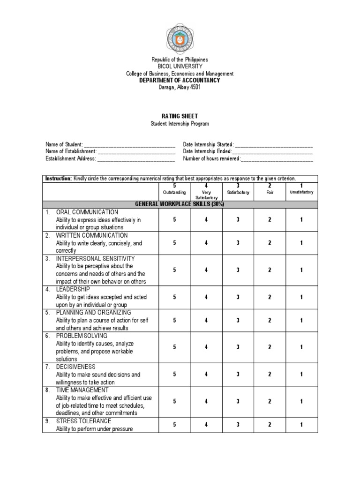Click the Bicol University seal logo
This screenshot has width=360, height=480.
click(180, 36)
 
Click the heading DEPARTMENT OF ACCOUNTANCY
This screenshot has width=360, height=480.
click(180, 81)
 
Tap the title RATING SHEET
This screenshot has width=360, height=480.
click(180, 116)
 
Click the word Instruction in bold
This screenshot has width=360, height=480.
click(58, 179)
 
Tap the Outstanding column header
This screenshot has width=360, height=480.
click(174, 192)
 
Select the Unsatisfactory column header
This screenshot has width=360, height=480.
click(301, 192)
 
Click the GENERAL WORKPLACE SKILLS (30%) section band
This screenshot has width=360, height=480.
click(180, 204)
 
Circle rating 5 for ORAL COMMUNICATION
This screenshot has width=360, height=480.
click(174, 219)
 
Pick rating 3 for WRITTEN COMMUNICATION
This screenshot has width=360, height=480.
click(238, 243)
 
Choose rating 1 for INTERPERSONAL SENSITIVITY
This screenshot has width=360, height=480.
click(301, 270)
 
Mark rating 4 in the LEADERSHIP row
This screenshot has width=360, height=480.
click(206, 297)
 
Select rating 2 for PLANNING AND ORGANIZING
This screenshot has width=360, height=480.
click(270, 320)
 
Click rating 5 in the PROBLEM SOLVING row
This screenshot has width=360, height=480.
click(174, 347)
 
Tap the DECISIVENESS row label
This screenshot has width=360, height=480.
click(75, 367)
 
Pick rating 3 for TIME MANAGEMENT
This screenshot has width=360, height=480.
click(238, 402)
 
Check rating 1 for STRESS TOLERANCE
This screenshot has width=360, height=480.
click(301, 425)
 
